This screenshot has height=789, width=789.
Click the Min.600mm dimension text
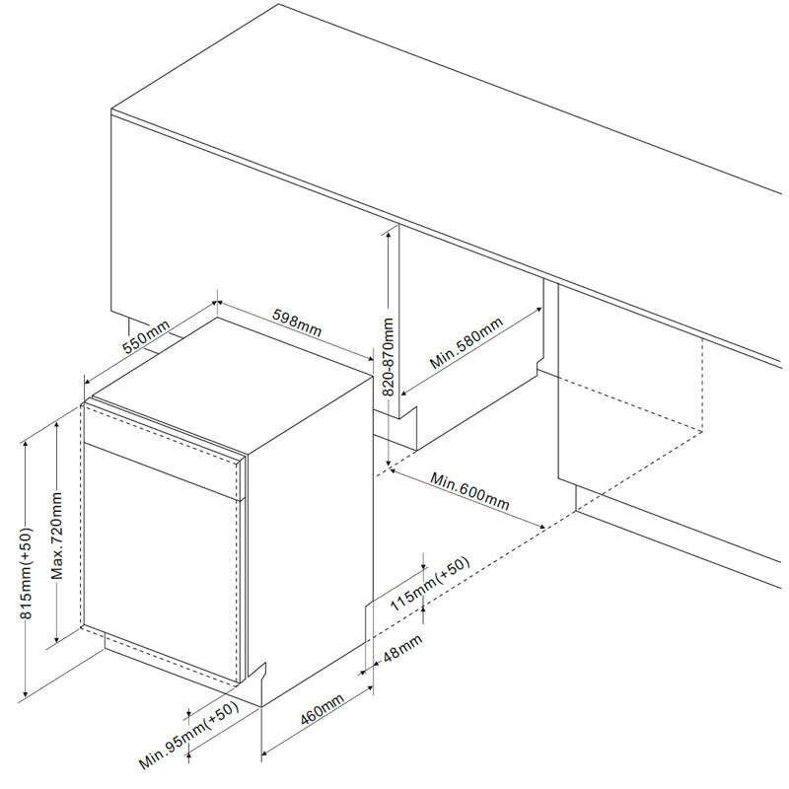(470, 490)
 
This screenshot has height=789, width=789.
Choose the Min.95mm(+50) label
(189, 738)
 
